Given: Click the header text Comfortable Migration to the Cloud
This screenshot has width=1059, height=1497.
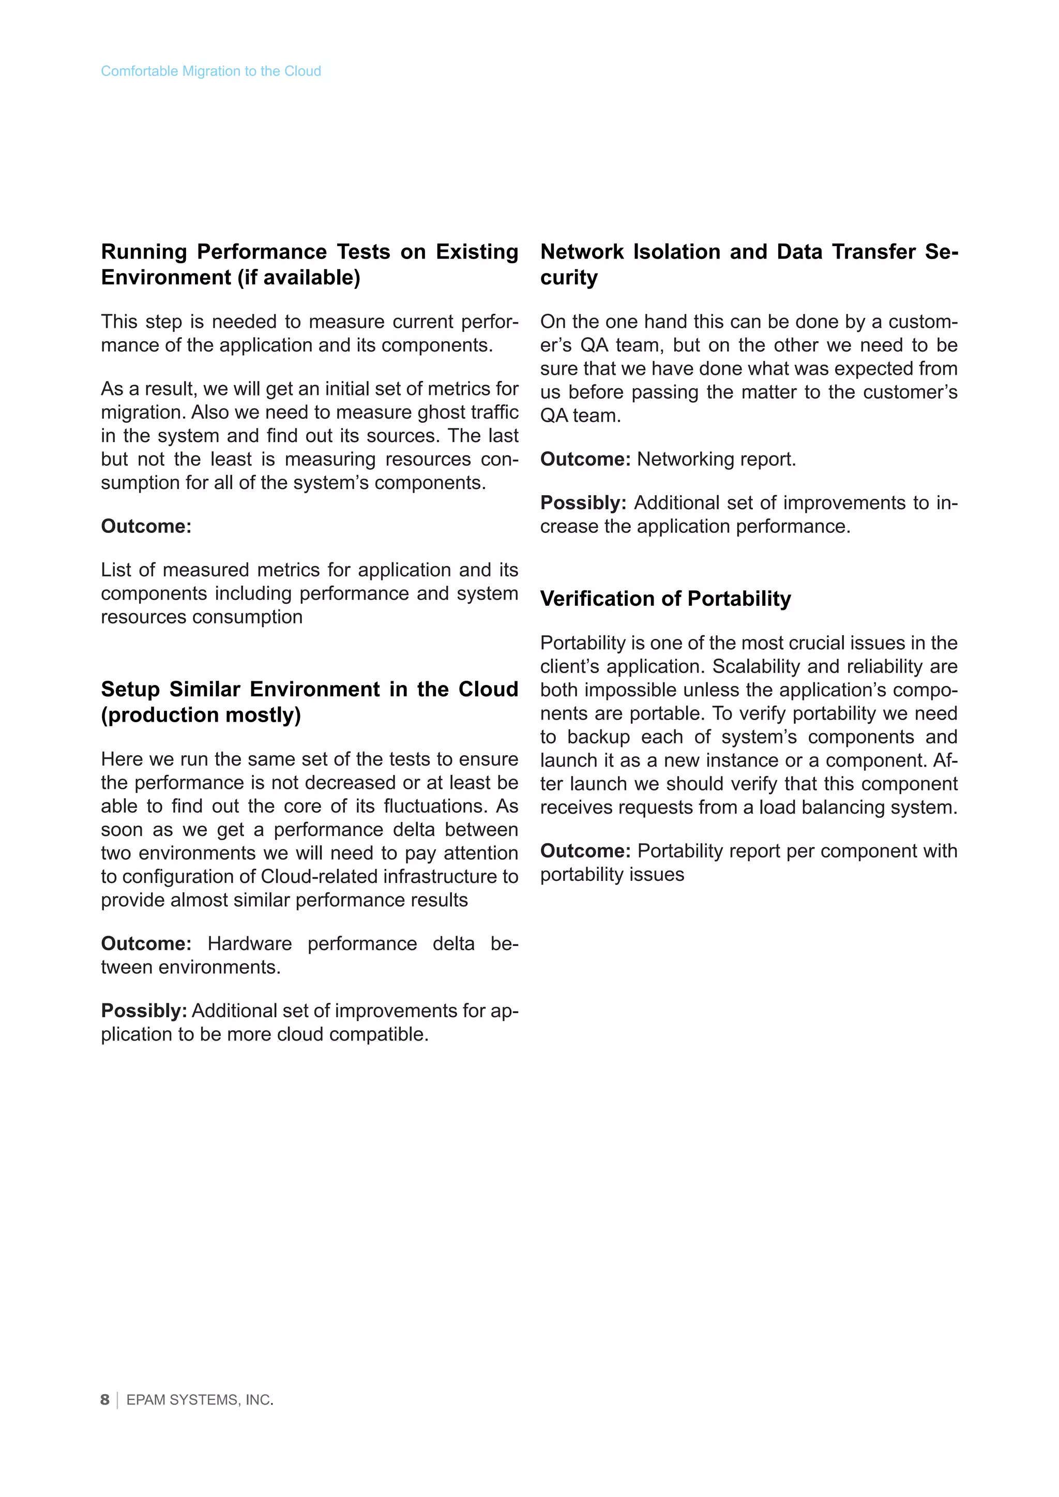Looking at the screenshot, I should pyautogui.click(x=210, y=71).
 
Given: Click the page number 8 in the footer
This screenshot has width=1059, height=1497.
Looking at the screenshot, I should pyautogui.click(x=105, y=1399).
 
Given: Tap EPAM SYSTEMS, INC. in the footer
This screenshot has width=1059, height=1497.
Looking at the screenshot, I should pyautogui.click(x=200, y=1400).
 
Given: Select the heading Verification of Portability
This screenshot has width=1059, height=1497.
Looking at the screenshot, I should pyautogui.click(x=665, y=599).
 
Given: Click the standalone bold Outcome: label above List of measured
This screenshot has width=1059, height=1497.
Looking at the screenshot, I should pyautogui.click(x=146, y=526).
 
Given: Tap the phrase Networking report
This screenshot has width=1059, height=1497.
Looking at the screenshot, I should pyautogui.click(x=716, y=459).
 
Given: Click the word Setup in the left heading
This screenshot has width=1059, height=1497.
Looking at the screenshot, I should pyautogui.click(x=130, y=689).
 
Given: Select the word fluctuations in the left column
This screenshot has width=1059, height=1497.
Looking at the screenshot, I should pyautogui.click(x=434, y=806).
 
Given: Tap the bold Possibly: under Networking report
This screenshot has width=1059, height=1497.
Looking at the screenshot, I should pyautogui.click(x=583, y=502).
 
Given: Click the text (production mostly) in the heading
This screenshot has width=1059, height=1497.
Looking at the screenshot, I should pyautogui.click(x=201, y=715).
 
